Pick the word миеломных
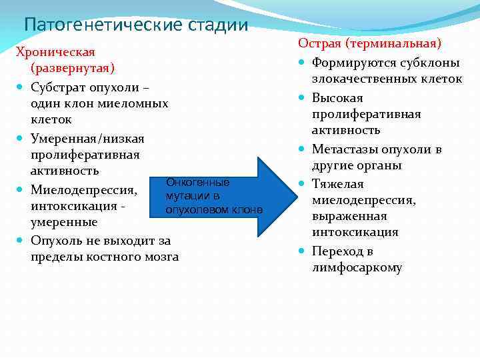click(x=131, y=103)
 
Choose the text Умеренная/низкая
click(x=87, y=139)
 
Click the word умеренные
click(x=64, y=222)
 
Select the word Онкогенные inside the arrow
click(x=198, y=182)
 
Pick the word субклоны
click(x=427, y=63)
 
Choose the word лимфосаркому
click(x=357, y=268)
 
